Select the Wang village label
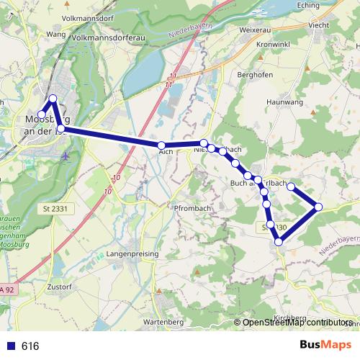[x=55, y=34]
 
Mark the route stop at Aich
[x=161, y=146]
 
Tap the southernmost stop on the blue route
[x=278, y=242]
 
